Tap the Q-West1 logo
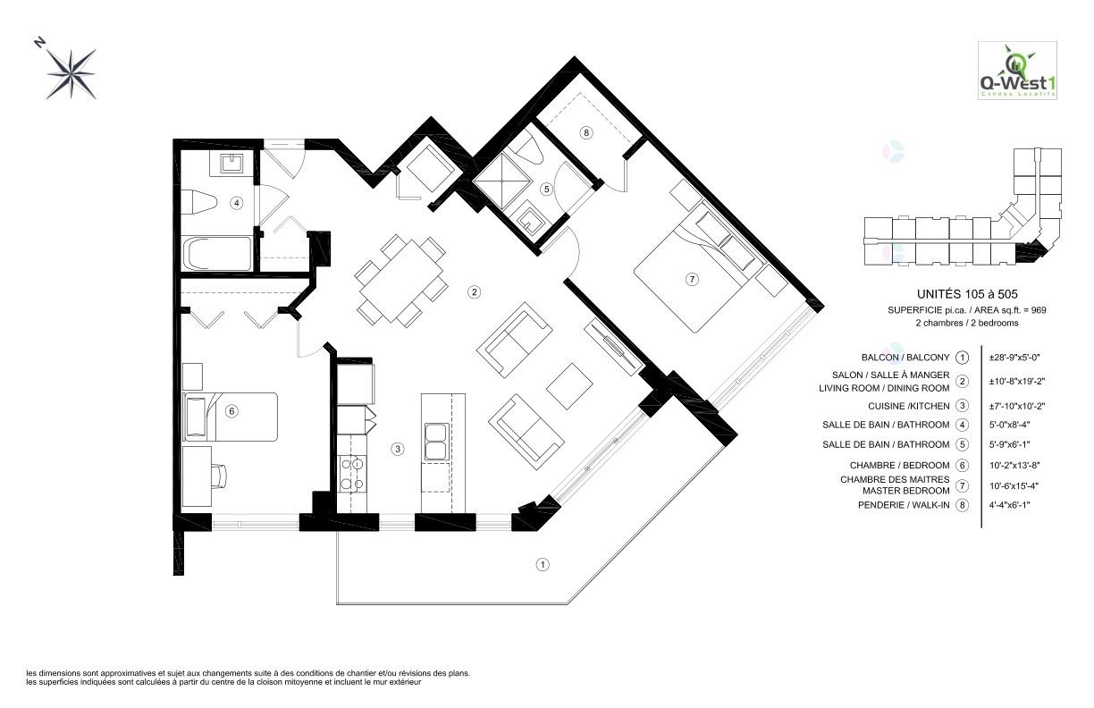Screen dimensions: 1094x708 click(1017, 71)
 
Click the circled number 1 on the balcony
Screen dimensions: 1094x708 click(543, 565)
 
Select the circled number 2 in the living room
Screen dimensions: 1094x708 click(474, 292)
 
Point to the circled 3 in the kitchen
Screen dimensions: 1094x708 click(398, 449)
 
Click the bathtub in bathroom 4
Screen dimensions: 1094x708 click(217, 253)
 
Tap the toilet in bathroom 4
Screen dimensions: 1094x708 click(199, 203)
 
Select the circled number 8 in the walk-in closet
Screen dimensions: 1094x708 click(586, 132)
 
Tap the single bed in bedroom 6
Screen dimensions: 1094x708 click(230, 417)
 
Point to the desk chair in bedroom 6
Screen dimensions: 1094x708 click(220, 476)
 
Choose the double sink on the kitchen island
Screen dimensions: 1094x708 click(436, 442)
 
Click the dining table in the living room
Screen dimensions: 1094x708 click(401, 281)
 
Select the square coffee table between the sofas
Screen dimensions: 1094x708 click(570, 386)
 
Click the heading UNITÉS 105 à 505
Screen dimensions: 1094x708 click(967, 294)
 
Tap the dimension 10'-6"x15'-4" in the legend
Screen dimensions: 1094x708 click(1014, 485)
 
